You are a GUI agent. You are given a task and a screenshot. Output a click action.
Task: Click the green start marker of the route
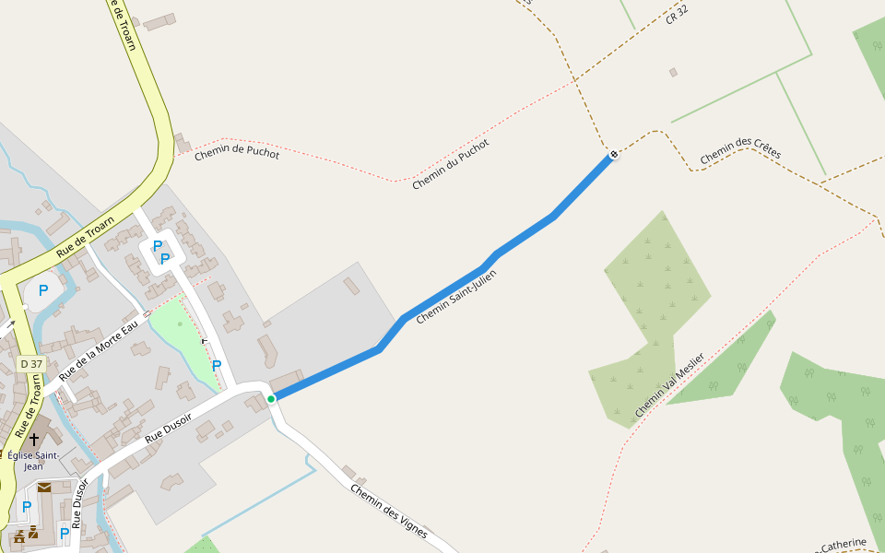tap(271, 399)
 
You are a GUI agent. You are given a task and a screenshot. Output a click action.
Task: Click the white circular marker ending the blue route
tap(613, 154)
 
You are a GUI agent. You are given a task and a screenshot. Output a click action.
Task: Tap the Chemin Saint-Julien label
tap(456, 297)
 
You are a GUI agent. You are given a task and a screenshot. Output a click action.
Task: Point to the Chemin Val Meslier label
tap(669, 384)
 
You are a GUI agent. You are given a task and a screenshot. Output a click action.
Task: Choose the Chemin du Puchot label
tap(451, 164)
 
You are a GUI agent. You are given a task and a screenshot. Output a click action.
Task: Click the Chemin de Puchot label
tap(237, 153)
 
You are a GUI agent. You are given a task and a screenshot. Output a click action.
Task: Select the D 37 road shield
tap(31, 364)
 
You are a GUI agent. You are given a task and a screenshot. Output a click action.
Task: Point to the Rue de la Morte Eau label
tap(99, 350)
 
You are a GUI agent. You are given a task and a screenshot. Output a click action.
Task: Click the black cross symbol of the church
tap(34, 440)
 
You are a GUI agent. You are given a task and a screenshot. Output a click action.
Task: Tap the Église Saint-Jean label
tap(33, 460)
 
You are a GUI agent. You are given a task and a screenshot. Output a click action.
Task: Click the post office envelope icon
tap(44, 487)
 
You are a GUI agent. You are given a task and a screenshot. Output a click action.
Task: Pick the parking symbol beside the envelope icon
tap(27, 506)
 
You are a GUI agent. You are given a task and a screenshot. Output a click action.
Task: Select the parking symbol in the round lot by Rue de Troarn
tap(42, 290)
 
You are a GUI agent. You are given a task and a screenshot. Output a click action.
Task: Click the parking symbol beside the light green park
tap(217, 365)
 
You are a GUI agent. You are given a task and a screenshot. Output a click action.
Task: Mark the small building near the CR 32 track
tap(673, 72)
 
